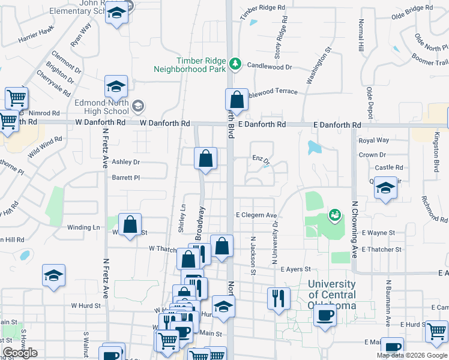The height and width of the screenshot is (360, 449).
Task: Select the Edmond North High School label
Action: [102, 107]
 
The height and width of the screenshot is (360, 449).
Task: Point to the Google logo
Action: [20, 353]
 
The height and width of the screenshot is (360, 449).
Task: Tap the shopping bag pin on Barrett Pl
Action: [205, 159]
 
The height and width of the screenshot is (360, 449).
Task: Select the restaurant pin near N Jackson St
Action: [279, 298]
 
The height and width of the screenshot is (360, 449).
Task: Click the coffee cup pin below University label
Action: [325, 314]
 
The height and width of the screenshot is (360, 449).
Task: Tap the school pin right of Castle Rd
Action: [385, 188]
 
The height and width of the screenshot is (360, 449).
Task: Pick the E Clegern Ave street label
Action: [256, 215]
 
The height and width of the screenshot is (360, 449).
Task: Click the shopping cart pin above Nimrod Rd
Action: [16, 97]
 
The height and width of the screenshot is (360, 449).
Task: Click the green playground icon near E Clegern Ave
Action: [334, 214]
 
